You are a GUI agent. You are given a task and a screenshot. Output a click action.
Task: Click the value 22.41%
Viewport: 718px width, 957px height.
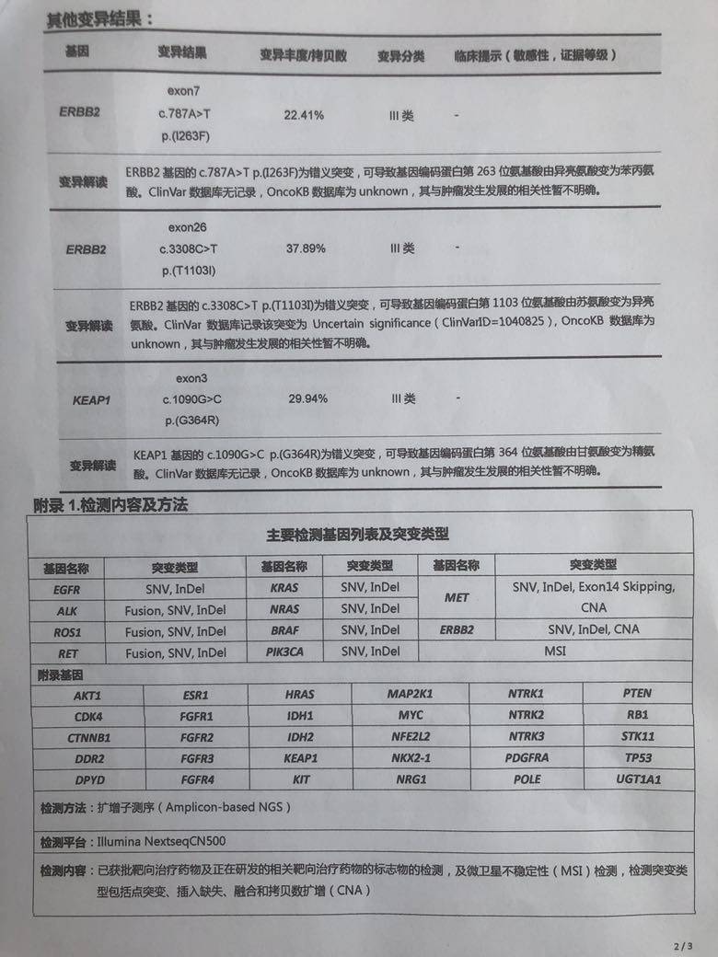305,115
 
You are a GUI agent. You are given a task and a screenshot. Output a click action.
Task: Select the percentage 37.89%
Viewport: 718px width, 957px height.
307,248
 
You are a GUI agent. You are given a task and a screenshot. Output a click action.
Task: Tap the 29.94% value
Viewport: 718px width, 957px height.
307,398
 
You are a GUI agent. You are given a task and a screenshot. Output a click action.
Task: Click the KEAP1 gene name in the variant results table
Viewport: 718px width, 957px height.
91,400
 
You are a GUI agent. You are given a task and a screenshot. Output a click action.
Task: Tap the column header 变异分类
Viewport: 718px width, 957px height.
400,56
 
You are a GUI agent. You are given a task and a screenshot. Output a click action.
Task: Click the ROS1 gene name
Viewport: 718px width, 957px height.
67,632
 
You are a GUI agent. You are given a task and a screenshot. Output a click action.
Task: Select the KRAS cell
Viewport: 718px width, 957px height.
284,586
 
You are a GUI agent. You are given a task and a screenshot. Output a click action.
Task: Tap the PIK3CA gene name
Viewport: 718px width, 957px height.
284,652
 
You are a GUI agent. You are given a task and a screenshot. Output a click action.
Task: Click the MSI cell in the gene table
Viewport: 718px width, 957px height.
554,651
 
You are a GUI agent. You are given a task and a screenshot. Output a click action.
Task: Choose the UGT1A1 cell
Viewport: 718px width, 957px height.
638,779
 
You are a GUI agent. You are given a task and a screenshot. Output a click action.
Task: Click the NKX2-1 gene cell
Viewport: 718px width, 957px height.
410,758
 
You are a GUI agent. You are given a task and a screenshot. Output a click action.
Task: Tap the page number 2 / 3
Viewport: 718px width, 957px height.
682,945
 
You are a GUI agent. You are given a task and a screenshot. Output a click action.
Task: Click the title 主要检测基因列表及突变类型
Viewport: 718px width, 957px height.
358,535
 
